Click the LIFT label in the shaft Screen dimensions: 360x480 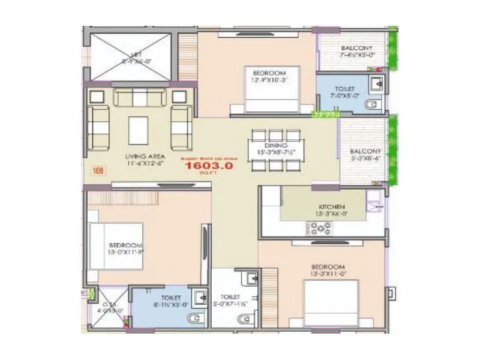click(x=131, y=58)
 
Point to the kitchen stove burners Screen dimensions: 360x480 click(x=320, y=227)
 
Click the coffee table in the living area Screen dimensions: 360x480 click(x=139, y=129)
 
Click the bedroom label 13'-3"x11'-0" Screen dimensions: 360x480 click(x=328, y=270)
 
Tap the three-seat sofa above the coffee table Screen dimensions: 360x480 click(x=139, y=97)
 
